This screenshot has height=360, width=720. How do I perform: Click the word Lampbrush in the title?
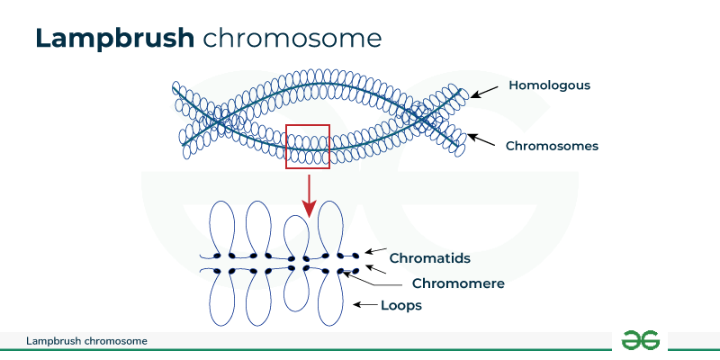(x=115, y=38)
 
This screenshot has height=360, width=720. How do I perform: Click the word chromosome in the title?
(x=292, y=38)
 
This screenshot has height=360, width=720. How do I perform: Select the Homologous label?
(x=549, y=85)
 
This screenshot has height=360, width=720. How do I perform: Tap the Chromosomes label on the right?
(x=552, y=145)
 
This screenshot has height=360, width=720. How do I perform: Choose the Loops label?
(x=400, y=306)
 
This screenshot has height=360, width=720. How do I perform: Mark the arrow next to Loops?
(x=365, y=306)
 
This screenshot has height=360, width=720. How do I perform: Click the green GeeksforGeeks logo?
(x=641, y=339)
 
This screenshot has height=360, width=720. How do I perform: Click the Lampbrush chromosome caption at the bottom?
(x=86, y=341)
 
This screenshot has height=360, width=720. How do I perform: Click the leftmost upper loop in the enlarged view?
(x=221, y=225)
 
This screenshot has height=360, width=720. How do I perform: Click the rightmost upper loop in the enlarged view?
(x=330, y=225)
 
